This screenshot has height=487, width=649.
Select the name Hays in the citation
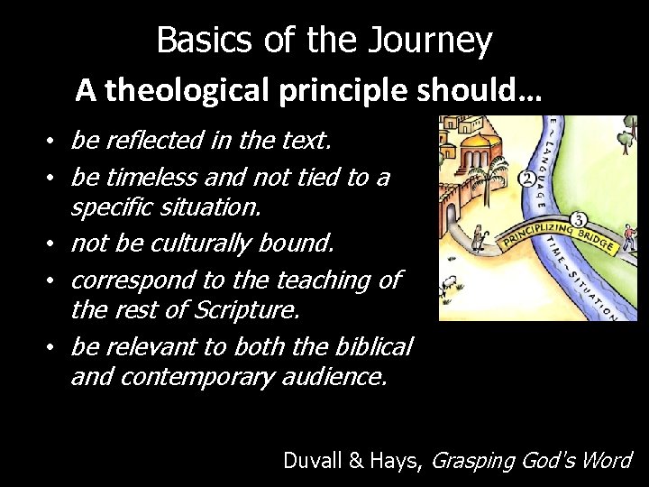pos(402,460)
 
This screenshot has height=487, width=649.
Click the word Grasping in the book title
pos(471,460)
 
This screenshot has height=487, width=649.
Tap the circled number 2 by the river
pos(526,178)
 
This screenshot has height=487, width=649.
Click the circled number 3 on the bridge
pos(579,219)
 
